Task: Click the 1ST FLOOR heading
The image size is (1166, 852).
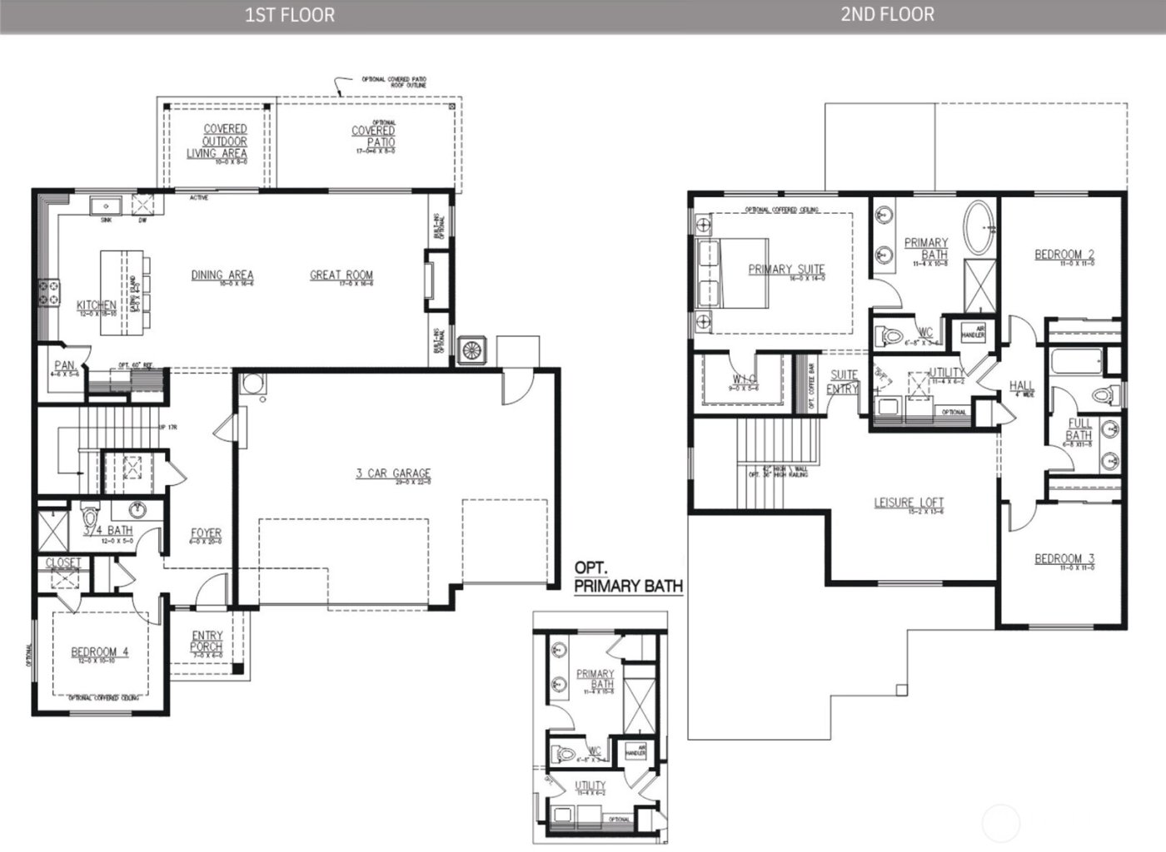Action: coord(290,15)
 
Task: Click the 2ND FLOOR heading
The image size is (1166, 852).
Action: coord(886,14)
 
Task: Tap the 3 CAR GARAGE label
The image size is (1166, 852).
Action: coord(393,473)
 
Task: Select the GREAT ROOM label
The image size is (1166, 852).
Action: coord(341,275)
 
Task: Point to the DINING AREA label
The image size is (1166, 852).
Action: coord(222,275)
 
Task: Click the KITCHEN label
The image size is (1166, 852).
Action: coord(96,305)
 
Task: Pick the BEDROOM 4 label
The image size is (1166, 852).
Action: coord(99,652)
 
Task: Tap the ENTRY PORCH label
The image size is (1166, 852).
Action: coord(207,641)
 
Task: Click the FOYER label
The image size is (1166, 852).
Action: coord(206,533)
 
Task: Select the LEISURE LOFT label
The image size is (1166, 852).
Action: coord(909,503)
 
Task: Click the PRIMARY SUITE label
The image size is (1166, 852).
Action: coord(786,270)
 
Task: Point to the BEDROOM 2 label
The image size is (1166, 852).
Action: coord(1064,255)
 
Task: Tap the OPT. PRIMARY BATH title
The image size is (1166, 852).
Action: coord(628,577)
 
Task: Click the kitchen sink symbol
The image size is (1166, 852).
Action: coord(107,205)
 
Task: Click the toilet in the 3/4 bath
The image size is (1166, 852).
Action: coord(91,514)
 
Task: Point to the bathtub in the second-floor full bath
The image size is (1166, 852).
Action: coord(1076,364)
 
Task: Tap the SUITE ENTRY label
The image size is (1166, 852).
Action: coord(843,382)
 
